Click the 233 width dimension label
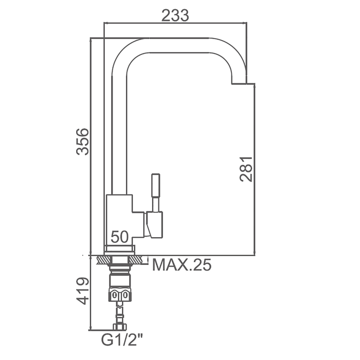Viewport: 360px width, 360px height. point(175,15)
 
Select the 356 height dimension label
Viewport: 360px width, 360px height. point(82,141)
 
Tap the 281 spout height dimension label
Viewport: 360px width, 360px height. point(246,169)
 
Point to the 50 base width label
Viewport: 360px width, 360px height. point(120,237)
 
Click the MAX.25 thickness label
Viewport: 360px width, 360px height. point(182,265)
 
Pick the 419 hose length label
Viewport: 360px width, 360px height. point(82,291)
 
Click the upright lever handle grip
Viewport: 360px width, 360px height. point(155,185)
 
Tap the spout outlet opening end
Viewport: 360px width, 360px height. point(239,83)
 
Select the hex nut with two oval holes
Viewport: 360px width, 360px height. point(120,294)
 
